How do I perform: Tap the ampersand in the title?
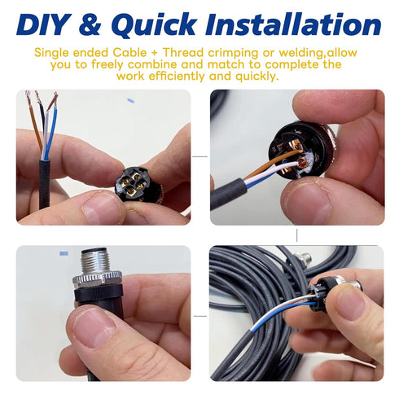point(90,24)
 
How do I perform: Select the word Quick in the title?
point(153,24)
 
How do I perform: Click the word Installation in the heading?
point(293,24)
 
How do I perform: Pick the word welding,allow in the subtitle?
point(318,53)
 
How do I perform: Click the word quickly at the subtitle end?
point(257,77)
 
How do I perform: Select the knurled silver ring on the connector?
point(97,279)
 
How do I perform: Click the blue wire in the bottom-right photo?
point(283,316)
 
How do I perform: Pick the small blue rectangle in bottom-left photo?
point(64,253)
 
